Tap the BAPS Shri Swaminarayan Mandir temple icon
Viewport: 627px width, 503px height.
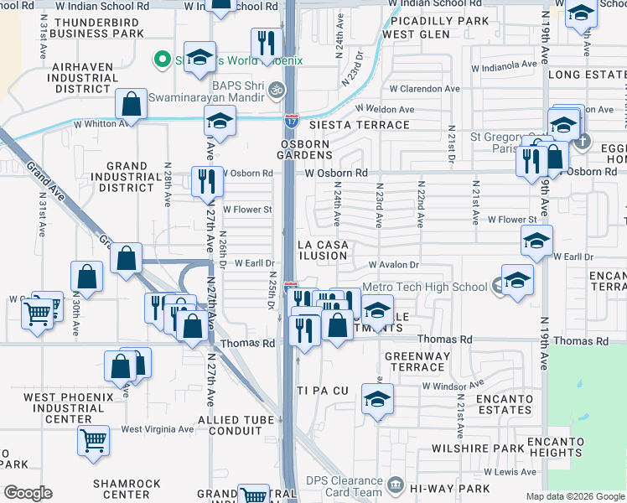coord(277,90)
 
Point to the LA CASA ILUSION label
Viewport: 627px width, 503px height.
coord(323,249)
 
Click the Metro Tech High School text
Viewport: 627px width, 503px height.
coord(424,287)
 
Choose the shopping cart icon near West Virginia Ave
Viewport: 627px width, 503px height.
coord(93,439)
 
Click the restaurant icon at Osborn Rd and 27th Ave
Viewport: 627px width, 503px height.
coord(206,181)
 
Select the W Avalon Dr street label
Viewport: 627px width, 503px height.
coord(392,264)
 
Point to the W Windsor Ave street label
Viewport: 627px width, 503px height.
coord(455,386)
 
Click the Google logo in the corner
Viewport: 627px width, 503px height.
coord(28,493)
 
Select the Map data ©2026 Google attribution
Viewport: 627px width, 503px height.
coord(576,496)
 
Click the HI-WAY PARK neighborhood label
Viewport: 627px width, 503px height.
coord(455,488)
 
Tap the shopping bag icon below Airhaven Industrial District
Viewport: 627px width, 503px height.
coord(132,105)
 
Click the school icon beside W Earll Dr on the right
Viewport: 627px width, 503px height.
coord(536,241)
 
